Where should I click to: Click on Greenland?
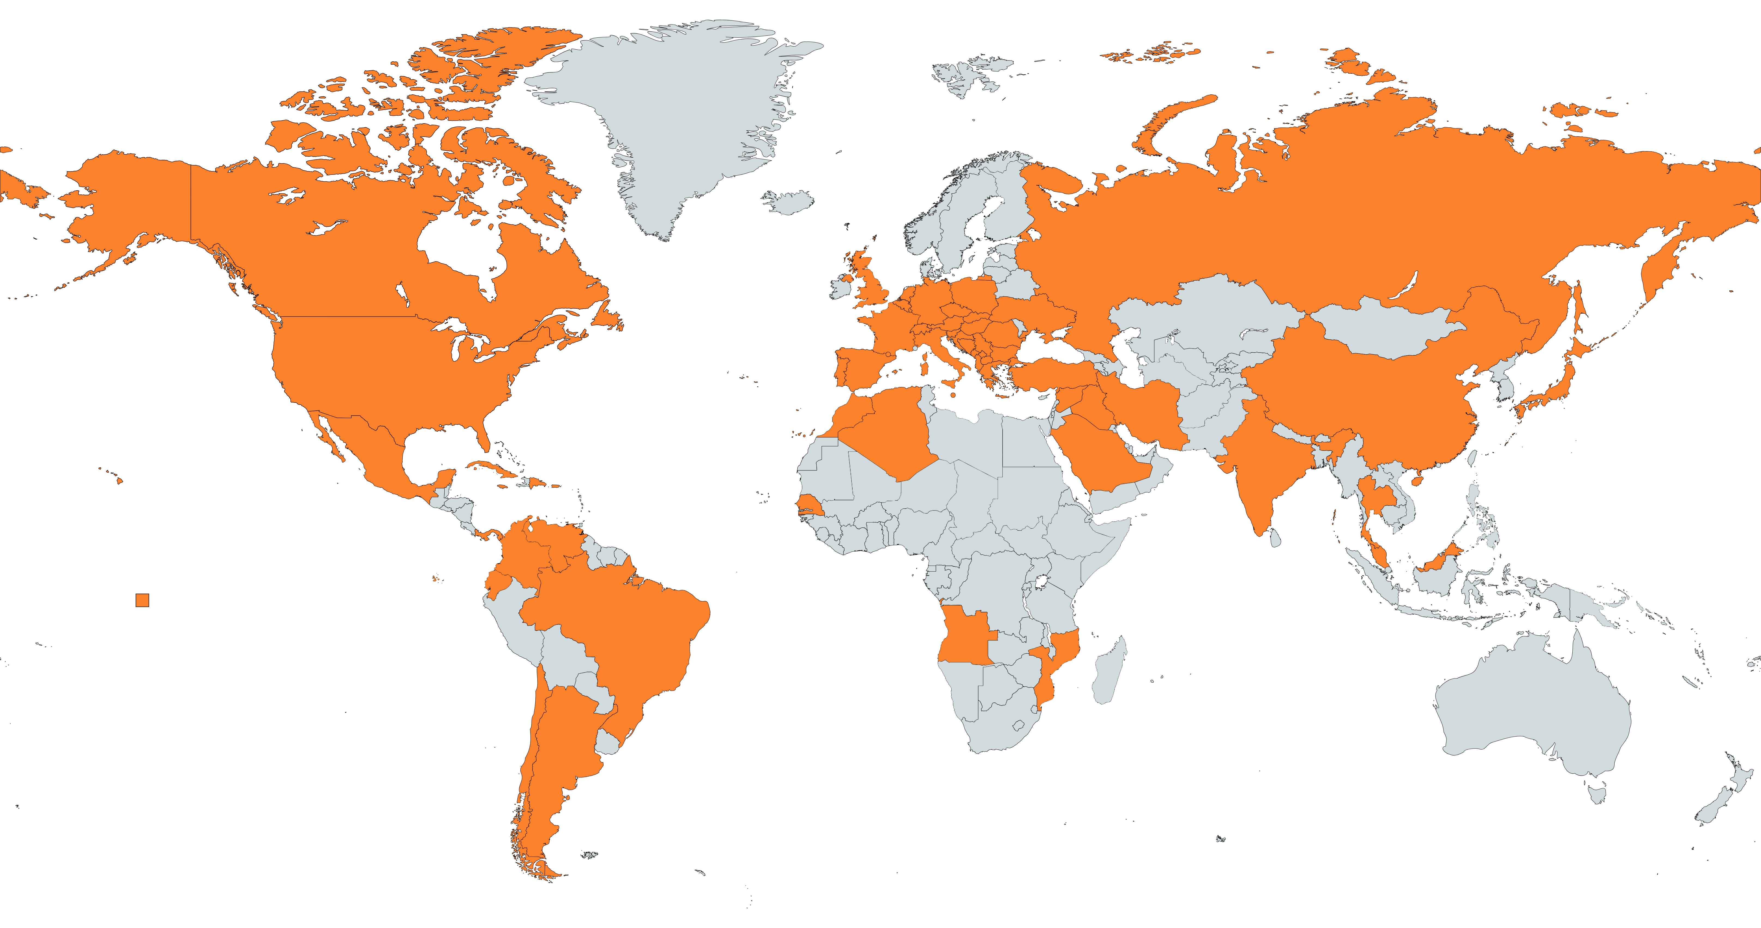[x=670, y=116]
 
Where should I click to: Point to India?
[x=1265, y=472]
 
